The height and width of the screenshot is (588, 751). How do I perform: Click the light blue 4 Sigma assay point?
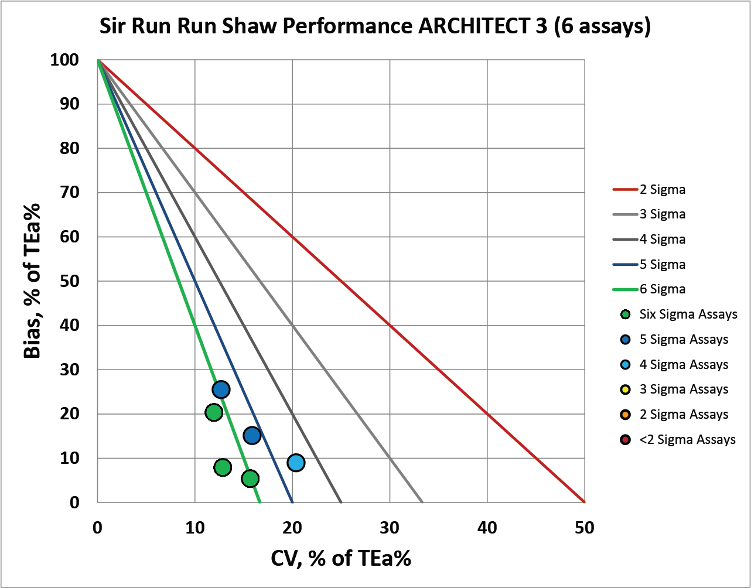(x=296, y=463)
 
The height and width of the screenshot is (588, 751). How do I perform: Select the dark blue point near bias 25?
(x=221, y=389)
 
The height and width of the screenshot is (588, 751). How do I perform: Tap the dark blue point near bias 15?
(x=252, y=435)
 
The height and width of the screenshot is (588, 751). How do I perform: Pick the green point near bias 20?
(x=214, y=412)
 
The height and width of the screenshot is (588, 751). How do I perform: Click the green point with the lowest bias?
(x=250, y=478)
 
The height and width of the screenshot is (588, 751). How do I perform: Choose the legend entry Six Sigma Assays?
(x=680, y=314)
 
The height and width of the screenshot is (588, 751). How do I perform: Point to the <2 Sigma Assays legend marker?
(x=625, y=439)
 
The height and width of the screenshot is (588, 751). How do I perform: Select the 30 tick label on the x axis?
(x=390, y=528)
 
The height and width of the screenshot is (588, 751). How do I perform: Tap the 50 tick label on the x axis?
(x=584, y=528)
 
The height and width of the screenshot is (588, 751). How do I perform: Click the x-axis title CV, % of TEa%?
(x=341, y=559)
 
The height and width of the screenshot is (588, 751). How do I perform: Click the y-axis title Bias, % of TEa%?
(x=32, y=281)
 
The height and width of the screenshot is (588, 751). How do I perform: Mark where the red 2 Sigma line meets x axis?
(x=584, y=502)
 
